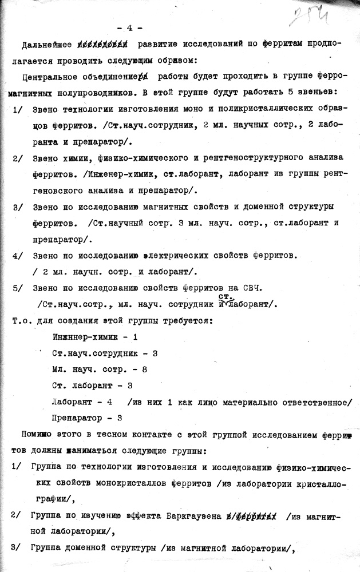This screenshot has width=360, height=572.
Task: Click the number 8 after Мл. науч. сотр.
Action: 144,370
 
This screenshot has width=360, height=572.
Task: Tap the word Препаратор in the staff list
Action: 76,418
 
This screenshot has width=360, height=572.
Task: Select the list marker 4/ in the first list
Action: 17,254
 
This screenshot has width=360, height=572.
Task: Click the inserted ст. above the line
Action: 226,296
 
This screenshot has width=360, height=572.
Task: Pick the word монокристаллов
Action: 124,483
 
